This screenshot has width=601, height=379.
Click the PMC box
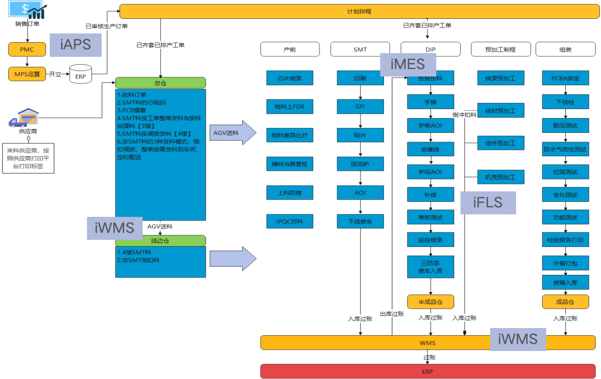coord(27,49)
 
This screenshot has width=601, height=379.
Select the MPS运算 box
coord(27,74)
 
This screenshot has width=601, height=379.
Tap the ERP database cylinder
coord(80,74)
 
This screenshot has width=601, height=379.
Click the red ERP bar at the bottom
coord(427,371)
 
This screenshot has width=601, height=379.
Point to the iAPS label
coord(76,45)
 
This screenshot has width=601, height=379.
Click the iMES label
coord(408,64)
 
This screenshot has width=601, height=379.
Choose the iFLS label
coord(488,203)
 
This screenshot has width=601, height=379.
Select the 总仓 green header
coord(160,83)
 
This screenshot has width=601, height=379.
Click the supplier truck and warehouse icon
coord(24,117)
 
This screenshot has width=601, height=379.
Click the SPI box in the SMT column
coord(360,107)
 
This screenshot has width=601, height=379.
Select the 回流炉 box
coord(360,164)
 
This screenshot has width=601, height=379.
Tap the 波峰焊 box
coord(430,149)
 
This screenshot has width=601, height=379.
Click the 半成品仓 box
coord(430,302)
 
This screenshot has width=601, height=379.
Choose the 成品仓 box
coord(565,302)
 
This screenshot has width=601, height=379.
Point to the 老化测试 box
coord(565,194)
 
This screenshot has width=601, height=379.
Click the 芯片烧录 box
coord(289,78)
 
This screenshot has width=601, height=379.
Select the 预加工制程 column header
coord(501,49)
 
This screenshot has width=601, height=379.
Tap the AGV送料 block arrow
coord(233,133)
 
